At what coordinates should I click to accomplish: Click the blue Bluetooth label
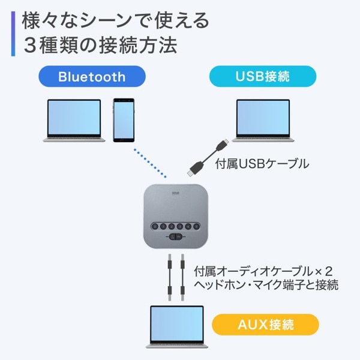coord(91,77)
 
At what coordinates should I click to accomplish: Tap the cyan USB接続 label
coord(263,77)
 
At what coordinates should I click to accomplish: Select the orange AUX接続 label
coord(265,326)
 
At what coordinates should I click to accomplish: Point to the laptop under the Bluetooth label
coord(74,121)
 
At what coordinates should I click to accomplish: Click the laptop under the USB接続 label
coord(264,121)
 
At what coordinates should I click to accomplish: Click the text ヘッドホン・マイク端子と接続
coord(267,284)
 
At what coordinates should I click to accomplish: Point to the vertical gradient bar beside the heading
coord(13,34)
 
